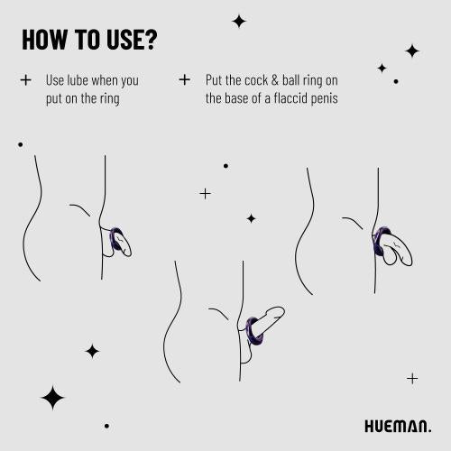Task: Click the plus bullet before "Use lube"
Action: (25, 79)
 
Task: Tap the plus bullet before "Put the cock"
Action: (185, 79)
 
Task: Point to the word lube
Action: (78, 79)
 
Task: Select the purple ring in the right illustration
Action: (381, 244)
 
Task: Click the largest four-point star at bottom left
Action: (53, 397)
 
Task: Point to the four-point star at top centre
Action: (239, 21)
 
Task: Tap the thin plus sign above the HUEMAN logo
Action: (412, 378)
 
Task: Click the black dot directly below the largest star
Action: (106, 426)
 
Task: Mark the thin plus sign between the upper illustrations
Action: (205, 193)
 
